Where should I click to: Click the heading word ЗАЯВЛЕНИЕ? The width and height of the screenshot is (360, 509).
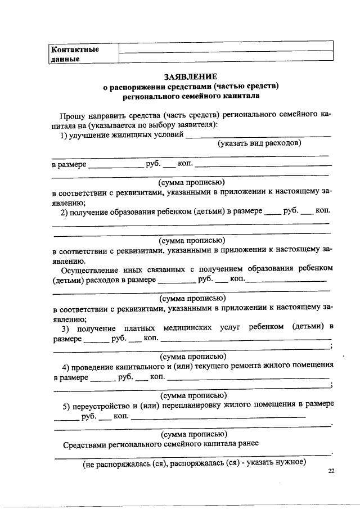(190, 76)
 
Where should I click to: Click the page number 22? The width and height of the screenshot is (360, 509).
(330, 472)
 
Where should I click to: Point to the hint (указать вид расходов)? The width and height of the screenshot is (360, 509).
(259, 143)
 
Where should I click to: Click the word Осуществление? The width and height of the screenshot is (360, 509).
(90, 268)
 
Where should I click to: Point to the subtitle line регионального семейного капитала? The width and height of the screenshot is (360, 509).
(190, 96)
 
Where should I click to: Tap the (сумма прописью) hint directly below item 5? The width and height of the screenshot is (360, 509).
(193, 434)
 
